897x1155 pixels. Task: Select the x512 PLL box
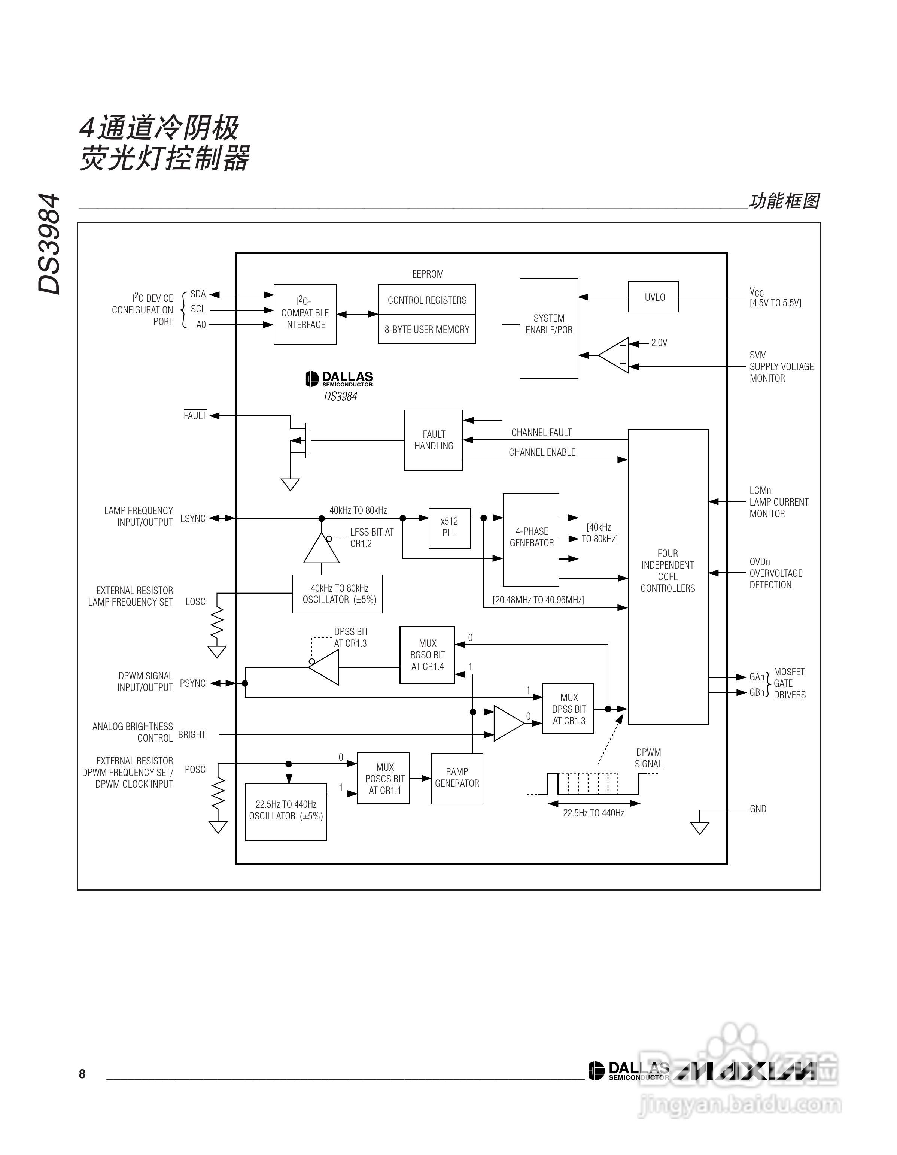(x=449, y=527)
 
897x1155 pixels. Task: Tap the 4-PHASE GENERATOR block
(x=531, y=539)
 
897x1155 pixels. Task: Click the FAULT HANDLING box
(x=434, y=440)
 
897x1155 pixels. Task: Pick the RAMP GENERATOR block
(x=457, y=778)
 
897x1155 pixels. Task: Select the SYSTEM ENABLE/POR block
(x=549, y=328)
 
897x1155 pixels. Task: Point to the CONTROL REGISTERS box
(x=426, y=300)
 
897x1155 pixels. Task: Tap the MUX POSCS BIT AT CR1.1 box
(x=383, y=778)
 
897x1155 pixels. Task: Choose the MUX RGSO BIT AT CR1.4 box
(x=427, y=655)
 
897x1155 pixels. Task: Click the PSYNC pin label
(x=192, y=683)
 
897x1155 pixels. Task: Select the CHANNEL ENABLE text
(x=542, y=452)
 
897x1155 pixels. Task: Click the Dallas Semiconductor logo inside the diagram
(x=339, y=379)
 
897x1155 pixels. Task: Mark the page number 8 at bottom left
(x=82, y=1074)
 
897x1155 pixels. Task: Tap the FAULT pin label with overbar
(x=195, y=416)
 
